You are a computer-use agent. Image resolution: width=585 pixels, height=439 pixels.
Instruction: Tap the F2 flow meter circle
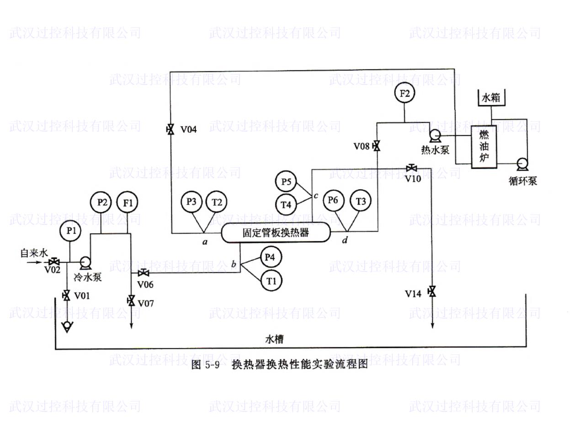click(404, 93)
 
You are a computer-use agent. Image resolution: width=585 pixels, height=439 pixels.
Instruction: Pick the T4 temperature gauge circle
click(286, 205)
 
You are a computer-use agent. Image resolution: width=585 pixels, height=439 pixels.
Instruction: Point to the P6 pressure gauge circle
click(334, 200)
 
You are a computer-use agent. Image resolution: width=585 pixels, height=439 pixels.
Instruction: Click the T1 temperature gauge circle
click(271, 281)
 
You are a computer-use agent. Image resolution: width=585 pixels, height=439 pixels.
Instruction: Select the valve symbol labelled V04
click(170, 129)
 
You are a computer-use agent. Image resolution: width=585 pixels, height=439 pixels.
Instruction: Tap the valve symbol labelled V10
click(412, 168)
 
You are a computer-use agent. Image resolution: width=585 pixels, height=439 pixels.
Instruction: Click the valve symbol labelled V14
click(432, 291)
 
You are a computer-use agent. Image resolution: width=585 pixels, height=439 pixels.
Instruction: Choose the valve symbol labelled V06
click(144, 273)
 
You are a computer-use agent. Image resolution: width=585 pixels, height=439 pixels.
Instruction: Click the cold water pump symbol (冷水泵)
click(85, 262)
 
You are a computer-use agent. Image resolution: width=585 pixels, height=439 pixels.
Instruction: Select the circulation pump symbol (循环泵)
click(522, 164)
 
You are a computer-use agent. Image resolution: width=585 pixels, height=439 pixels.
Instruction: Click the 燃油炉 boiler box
click(484, 147)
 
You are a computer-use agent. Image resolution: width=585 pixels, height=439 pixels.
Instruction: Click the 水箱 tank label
click(491, 98)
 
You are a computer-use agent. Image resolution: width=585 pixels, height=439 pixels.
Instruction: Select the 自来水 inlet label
click(34, 253)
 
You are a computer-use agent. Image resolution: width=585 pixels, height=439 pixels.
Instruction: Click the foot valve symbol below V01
click(67, 327)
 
